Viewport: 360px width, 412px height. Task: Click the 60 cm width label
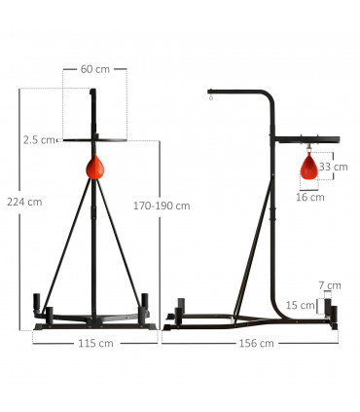click(94, 70)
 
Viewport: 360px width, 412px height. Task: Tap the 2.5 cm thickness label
click(39, 140)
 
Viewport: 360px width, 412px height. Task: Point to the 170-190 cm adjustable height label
click(162, 206)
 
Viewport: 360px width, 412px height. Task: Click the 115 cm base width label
click(94, 343)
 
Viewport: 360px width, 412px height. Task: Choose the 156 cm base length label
click(256, 343)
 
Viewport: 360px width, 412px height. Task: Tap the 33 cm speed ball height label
click(333, 167)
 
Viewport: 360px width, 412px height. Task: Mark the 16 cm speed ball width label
click(310, 197)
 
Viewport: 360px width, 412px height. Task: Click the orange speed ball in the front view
click(95, 168)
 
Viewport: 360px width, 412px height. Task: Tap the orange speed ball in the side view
click(310, 168)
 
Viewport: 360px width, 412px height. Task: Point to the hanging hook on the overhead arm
click(209, 96)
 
